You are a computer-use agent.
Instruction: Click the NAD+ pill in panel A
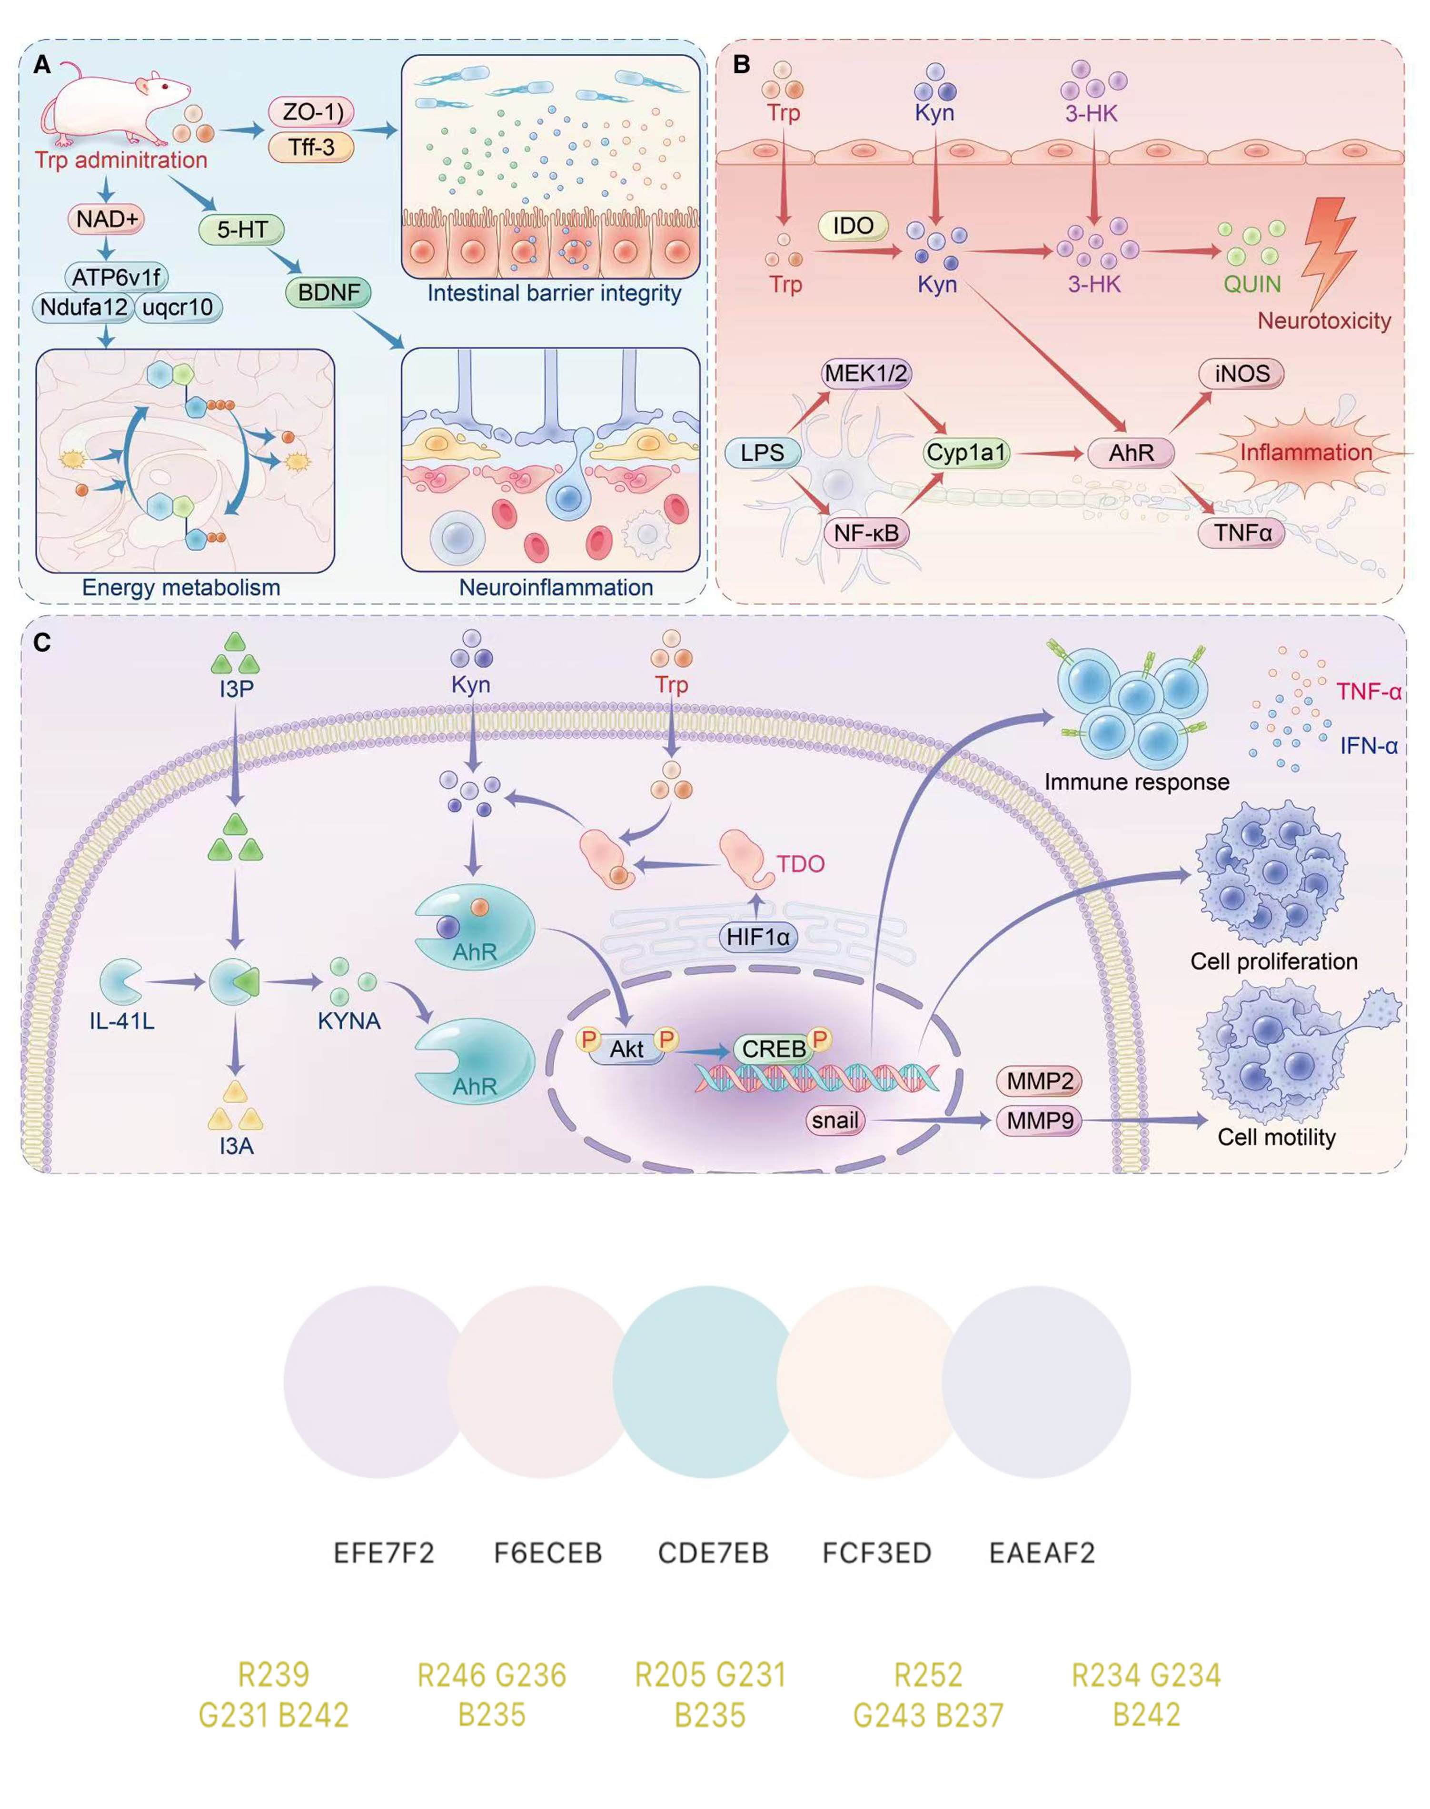(106, 219)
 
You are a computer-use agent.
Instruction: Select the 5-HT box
(242, 229)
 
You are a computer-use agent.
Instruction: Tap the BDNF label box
(328, 292)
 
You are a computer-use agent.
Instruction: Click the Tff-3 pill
(311, 148)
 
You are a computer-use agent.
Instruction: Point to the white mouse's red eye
(164, 86)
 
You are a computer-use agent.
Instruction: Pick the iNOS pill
(1241, 373)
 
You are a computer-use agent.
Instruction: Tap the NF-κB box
(866, 533)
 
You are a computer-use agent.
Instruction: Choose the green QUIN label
(1251, 285)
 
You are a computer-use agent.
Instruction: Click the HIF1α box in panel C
(758, 937)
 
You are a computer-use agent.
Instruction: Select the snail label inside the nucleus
(835, 1120)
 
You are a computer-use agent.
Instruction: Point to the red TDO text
(800, 864)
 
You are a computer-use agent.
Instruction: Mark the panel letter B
(741, 64)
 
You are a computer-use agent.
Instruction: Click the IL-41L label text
(121, 1021)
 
